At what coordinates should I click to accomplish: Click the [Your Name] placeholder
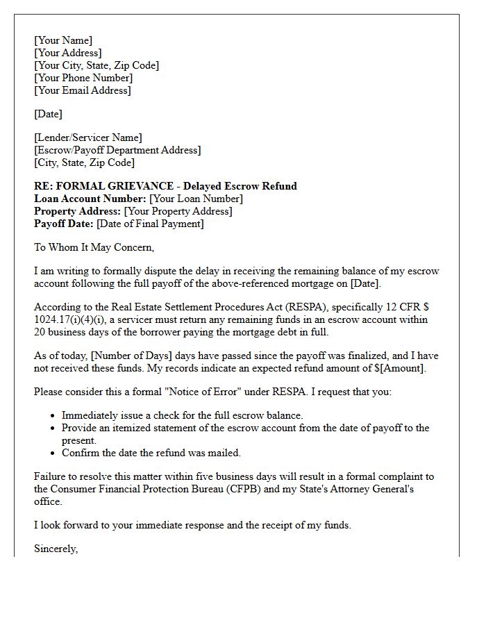[x=63, y=40]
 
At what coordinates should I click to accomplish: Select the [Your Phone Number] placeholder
[x=83, y=78]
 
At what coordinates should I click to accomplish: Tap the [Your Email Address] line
[x=83, y=90]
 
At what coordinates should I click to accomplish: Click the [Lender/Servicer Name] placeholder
[x=88, y=137]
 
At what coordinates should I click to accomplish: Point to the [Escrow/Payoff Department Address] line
[x=117, y=150]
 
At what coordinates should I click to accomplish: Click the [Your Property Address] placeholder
[x=178, y=211]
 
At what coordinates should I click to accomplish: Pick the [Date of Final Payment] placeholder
[x=150, y=224]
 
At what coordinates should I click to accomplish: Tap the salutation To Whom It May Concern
[x=94, y=247]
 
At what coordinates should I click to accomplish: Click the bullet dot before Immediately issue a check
[x=53, y=416]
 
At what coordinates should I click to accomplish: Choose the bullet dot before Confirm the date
[x=53, y=453]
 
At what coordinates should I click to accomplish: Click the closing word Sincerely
[x=56, y=549]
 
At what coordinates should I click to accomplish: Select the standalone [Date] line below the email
[x=48, y=114]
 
